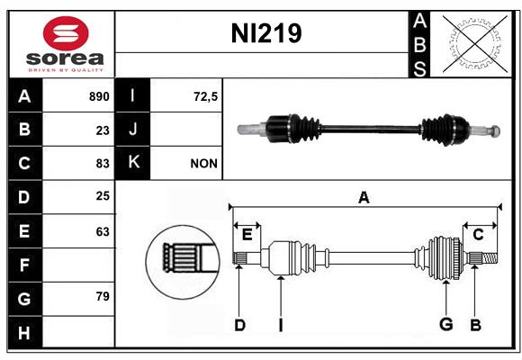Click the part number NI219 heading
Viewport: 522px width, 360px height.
click(266, 33)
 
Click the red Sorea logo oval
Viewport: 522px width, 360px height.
click(66, 33)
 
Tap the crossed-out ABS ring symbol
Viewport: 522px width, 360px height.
click(475, 43)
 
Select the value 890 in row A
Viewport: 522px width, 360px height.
click(99, 96)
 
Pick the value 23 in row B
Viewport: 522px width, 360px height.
click(103, 130)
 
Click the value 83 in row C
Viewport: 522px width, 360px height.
click(103, 164)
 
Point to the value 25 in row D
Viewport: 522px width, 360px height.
click(103, 196)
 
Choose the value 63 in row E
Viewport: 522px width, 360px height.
click(103, 232)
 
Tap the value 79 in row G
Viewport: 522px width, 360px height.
click(103, 296)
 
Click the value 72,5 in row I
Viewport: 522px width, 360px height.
click(205, 96)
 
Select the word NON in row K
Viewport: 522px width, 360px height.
click(203, 164)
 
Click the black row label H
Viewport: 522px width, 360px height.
click(25, 332)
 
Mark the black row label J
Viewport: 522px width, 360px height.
click(132, 129)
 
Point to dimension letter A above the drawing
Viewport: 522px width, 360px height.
click(364, 197)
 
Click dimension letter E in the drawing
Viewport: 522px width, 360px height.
click(247, 235)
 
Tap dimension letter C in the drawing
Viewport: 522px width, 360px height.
click(478, 235)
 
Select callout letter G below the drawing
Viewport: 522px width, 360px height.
click(446, 324)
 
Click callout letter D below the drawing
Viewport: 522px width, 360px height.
click(239, 325)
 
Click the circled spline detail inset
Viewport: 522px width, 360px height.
click(183, 262)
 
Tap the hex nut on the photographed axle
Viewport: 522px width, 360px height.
click(495, 130)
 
